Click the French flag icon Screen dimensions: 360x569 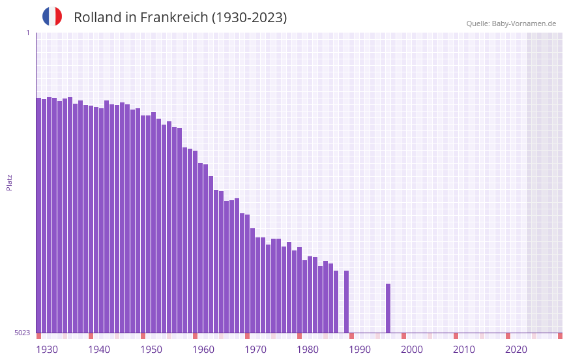[x=52, y=17]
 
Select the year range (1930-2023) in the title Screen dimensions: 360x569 [x=250, y=18]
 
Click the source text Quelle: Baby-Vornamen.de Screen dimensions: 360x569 [x=511, y=23]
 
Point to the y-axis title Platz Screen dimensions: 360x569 [x=9, y=182]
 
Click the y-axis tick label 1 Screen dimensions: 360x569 [x=27, y=33]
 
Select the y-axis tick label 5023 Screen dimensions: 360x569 [x=22, y=333]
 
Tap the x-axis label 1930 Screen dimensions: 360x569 [x=47, y=350]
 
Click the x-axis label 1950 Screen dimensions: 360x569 [x=151, y=350]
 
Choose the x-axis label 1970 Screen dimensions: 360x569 [x=255, y=350]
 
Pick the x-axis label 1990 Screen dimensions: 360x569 [x=360, y=350]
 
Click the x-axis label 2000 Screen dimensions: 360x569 [x=412, y=350]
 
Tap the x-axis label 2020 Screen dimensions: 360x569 [x=516, y=350]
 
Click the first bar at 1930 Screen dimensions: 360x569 [x=38, y=215]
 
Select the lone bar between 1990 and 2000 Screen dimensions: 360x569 [x=388, y=308]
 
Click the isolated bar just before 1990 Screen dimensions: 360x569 [x=346, y=301]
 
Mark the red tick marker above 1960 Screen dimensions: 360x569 [x=195, y=336]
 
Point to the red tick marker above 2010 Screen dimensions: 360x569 [x=456, y=336]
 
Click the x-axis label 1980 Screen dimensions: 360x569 [x=308, y=350]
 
